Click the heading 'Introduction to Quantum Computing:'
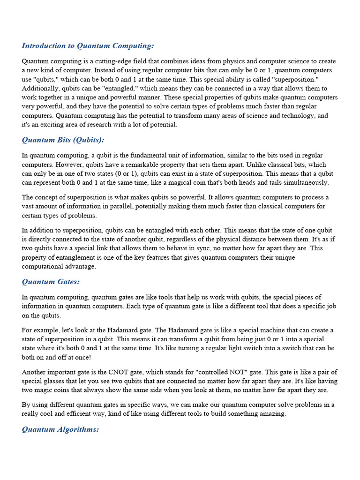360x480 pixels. coord(88,45)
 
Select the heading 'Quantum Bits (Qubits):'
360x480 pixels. coord(63,140)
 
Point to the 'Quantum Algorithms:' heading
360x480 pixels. coord(60,429)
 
